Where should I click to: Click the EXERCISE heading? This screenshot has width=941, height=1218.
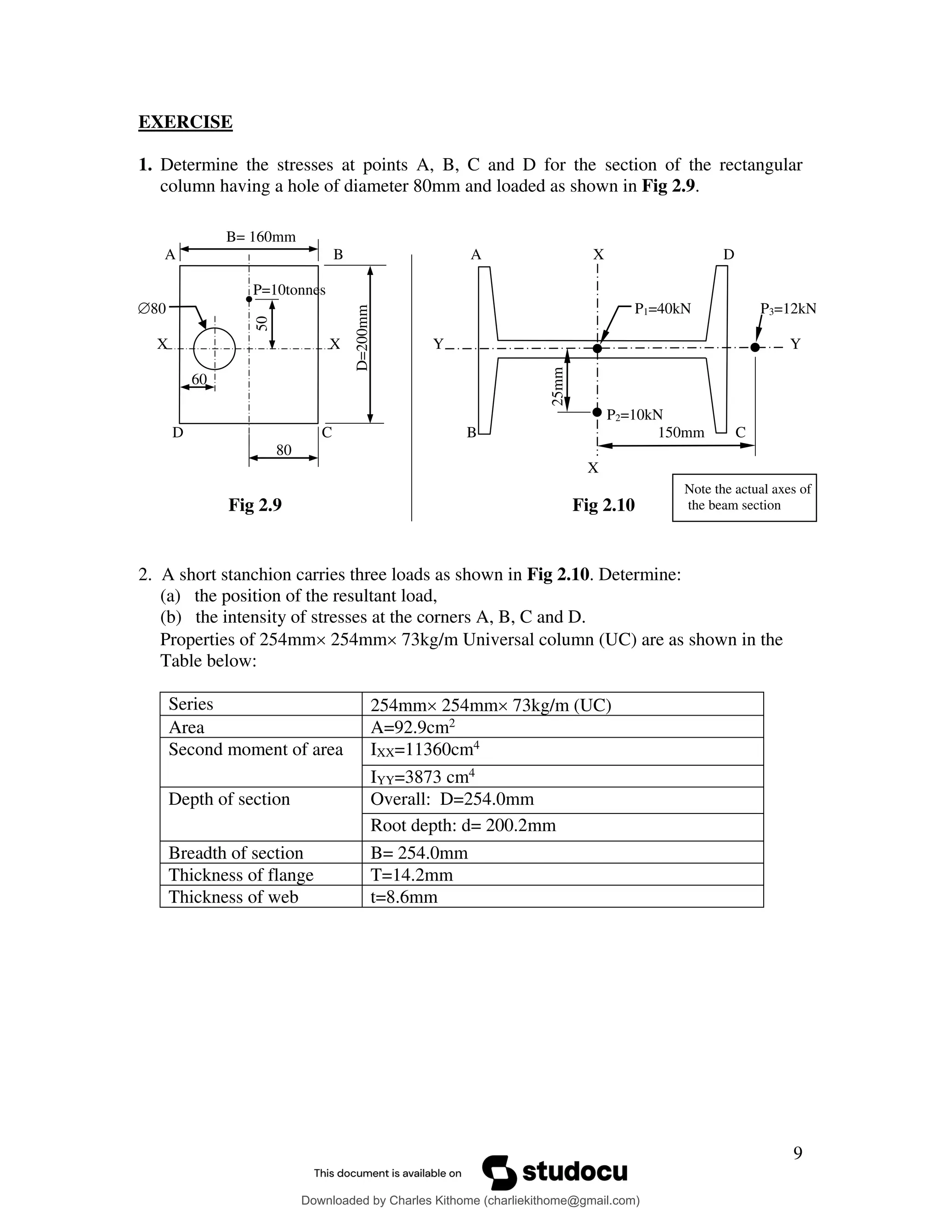(185, 122)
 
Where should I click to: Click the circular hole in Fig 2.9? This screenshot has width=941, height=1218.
(214, 348)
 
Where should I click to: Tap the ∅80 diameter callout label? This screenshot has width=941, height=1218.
(152, 308)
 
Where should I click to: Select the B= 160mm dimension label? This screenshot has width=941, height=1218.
(261, 237)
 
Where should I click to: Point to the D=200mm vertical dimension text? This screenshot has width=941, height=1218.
(363, 338)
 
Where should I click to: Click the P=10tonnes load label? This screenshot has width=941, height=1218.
(289, 290)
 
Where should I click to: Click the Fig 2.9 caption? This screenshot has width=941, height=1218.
(255, 505)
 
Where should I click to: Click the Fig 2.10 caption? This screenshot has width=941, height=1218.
(603, 505)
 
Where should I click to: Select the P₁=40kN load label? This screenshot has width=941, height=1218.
(662, 308)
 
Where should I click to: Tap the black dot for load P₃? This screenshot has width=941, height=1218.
(755, 347)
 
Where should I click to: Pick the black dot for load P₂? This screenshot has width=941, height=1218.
(597, 412)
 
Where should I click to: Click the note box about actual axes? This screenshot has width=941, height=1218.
(744, 497)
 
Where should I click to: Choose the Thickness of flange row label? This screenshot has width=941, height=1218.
(241, 875)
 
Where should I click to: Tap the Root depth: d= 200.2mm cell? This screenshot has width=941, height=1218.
(463, 825)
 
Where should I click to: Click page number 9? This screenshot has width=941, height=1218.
(798, 1153)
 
